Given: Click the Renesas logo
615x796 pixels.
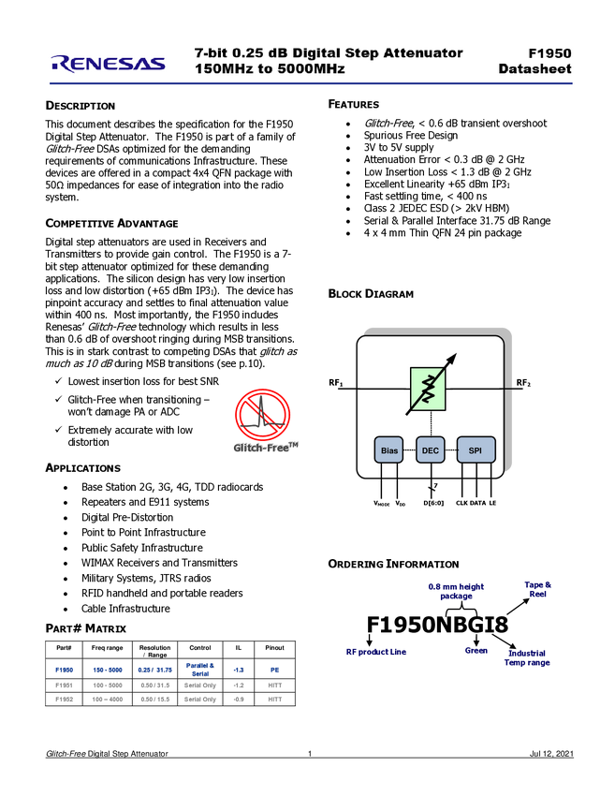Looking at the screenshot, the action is pos(108,63).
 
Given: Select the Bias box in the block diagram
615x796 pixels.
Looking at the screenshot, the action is pos(389,450).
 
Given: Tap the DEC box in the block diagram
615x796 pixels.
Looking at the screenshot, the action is pos(431,450).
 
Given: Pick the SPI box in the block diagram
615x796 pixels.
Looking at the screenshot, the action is pos(476,450).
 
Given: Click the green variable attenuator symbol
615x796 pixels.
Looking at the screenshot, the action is pos(428,389).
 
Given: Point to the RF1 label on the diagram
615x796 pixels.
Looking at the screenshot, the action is pos(336,383).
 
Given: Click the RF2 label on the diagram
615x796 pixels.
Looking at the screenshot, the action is pos(523,383).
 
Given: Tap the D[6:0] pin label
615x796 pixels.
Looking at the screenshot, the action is pos(433,503).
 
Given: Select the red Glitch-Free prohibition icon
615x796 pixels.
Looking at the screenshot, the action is pos(262,415).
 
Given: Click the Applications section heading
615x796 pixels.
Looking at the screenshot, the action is pos(83,468).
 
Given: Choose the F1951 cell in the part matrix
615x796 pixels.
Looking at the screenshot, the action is pos(64,685).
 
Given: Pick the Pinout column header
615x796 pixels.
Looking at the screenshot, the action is pos(274,648).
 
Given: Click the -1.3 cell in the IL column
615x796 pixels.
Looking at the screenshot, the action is pos(239,671).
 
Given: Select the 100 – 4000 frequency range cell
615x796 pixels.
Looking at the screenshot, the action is pos(108,700).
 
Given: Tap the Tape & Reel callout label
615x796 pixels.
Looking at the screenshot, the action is pos(538,589).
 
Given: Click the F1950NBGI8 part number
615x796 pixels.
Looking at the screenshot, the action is pos(437,625).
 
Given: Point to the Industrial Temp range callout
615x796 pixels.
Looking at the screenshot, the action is pos(527,658).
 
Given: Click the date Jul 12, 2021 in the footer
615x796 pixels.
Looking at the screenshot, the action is pos(551,754).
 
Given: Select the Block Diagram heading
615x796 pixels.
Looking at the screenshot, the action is pos(371,294).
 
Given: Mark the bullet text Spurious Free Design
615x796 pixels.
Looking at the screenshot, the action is pos(411,136).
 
